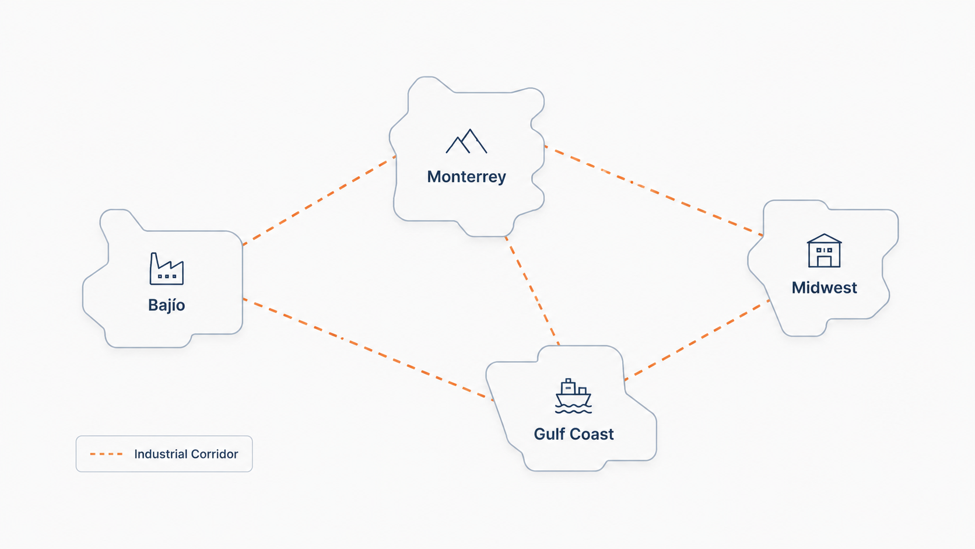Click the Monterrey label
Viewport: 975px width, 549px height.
pyautogui.click(x=466, y=177)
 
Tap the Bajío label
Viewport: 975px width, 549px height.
pyautogui.click(x=166, y=305)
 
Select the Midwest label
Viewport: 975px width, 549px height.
pyautogui.click(x=824, y=288)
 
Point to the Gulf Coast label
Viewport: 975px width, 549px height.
pyautogui.click(x=574, y=434)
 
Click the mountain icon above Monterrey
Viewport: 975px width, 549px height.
pyautogui.click(x=466, y=141)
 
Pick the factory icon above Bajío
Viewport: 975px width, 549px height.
pyautogui.click(x=167, y=268)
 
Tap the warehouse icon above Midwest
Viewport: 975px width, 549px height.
pyautogui.click(x=824, y=250)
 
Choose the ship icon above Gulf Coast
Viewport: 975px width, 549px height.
pyautogui.click(x=573, y=396)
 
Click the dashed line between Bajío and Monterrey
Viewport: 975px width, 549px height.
pyautogui.click(x=319, y=200)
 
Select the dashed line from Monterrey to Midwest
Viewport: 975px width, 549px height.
pyautogui.click(x=654, y=191)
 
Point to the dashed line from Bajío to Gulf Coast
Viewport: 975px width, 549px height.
pyautogui.click(x=368, y=349)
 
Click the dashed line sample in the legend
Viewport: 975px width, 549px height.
pyautogui.click(x=106, y=454)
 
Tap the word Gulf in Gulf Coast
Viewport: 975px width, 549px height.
pyautogui.click(x=549, y=434)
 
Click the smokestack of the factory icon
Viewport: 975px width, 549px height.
pyautogui.click(x=154, y=263)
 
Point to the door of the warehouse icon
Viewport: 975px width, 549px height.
pyautogui.click(x=824, y=261)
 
